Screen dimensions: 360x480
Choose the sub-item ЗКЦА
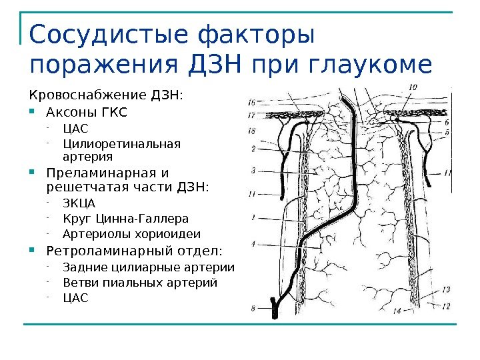pyautogui.click(x=79, y=203)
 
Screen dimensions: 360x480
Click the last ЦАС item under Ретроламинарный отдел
pyautogui.click(x=75, y=298)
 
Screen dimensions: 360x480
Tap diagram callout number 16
pyautogui.click(x=251, y=103)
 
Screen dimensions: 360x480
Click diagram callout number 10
pyautogui.click(x=413, y=86)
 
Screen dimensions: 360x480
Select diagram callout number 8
pyautogui.click(x=253, y=308)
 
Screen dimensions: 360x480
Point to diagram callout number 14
pyautogui.click(x=397, y=311)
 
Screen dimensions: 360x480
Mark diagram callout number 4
pyautogui.click(x=253, y=245)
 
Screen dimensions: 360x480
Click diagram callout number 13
pyautogui.click(x=445, y=289)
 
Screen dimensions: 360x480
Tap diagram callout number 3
pyautogui.click(x=253, y=171)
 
